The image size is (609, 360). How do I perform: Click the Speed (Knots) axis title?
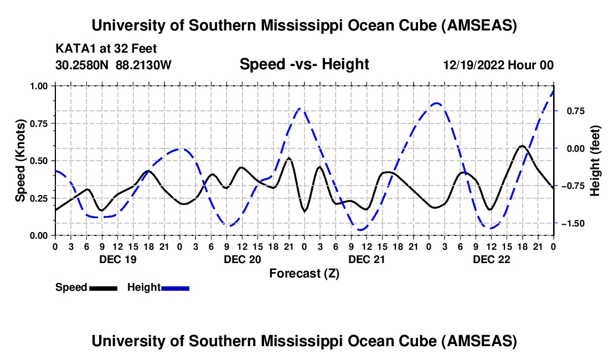tap(20, 161)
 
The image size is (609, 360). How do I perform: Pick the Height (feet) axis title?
tap(595, 161)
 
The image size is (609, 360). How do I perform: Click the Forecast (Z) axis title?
tap(304, 273)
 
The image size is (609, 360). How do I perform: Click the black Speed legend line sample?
tap(103, 287)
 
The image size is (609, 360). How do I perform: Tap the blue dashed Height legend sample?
tap(175, 287)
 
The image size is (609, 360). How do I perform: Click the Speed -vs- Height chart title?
tap(304, 65)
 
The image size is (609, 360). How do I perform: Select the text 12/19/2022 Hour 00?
tap(498, 65)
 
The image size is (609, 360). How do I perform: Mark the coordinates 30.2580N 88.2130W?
tap(113, 65)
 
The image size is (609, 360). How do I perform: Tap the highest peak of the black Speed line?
tap(522, 146)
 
